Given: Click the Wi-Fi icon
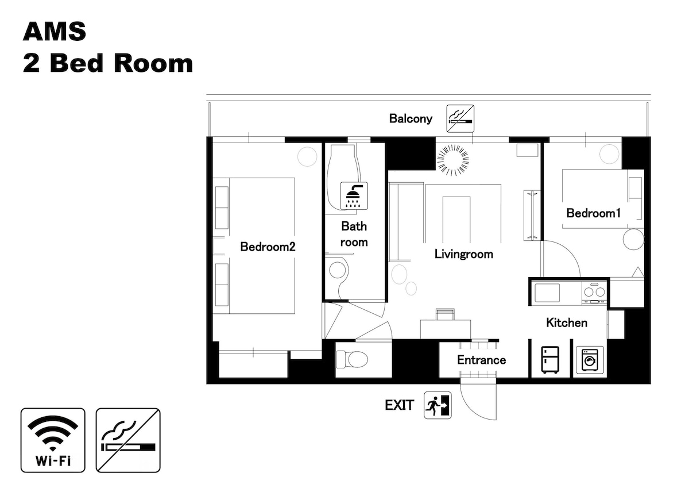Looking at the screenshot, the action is coord(53,440).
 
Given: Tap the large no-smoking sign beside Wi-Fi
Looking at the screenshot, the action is coord(128,440).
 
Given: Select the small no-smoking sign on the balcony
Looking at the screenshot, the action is coord(460,118).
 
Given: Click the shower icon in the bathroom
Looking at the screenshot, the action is coord(354,196).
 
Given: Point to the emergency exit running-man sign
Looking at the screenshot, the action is coord(438,405).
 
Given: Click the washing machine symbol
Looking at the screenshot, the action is coord(590,360).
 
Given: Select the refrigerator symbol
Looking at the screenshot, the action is coord(550,360).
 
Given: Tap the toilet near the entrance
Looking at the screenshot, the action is coord(352,359).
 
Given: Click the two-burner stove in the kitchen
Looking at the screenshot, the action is coord(594,293).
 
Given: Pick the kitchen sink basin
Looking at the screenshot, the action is coord(547,293).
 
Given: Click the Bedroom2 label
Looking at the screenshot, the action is coord(268,247).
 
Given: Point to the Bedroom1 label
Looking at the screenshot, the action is coord(594,213).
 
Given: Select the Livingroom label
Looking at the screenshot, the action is coord(463,254).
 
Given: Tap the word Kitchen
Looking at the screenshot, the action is coord(567,322).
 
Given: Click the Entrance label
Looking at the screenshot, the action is coord(481,360).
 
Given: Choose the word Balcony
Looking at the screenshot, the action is coord(411,118).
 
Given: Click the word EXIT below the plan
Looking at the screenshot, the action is coord(399,405).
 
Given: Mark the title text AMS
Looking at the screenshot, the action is coord(55,32).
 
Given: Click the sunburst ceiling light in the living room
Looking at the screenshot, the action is coord(453,160).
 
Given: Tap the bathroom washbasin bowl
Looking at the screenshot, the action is coord(337,270).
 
